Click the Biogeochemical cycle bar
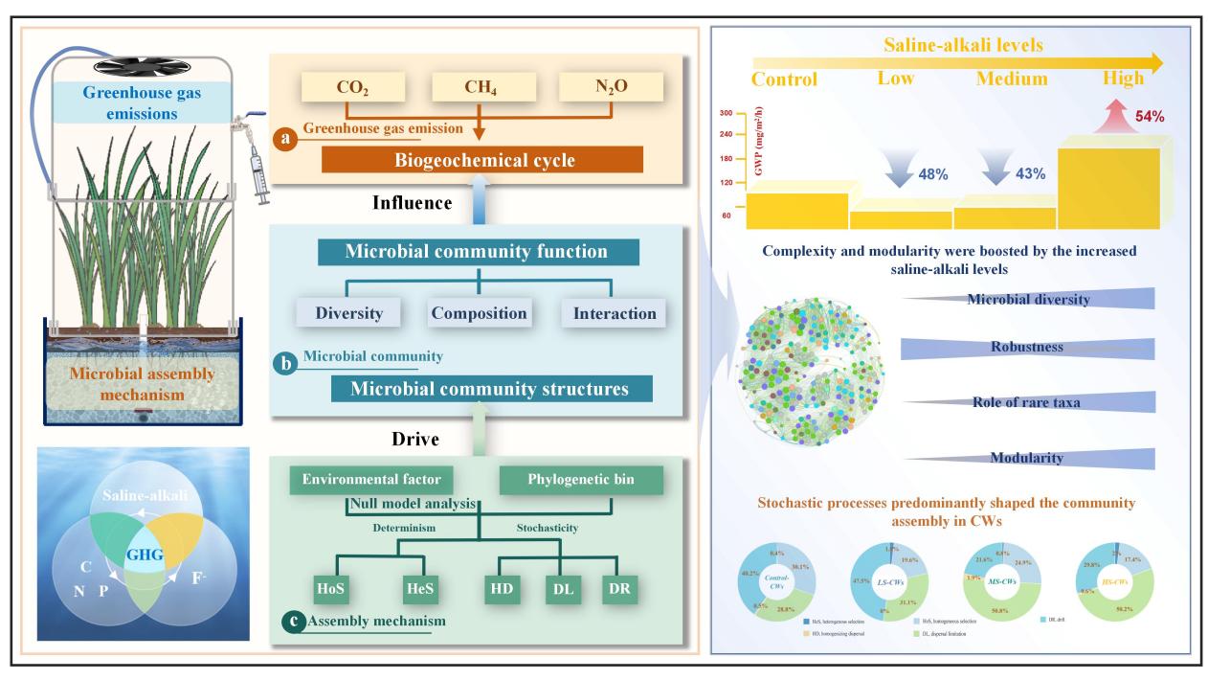[483, 159]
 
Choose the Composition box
[478, 313]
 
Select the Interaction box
[613, 313]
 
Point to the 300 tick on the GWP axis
[726, 113]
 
